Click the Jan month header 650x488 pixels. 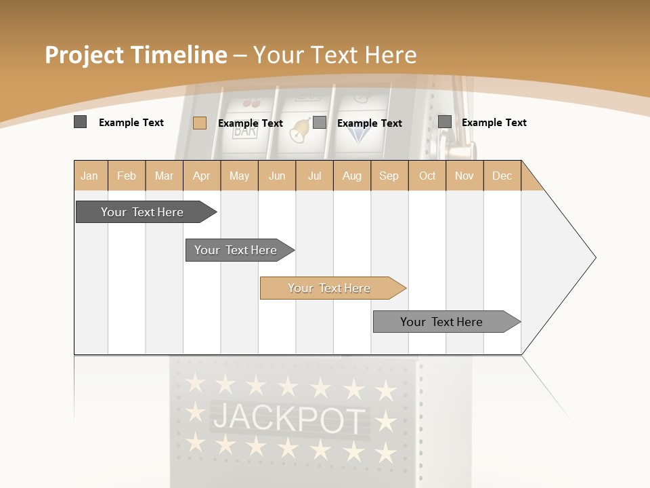89,176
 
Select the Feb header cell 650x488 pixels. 127,176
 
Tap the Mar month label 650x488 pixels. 164,176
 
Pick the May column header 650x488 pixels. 239,176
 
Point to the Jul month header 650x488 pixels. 314,176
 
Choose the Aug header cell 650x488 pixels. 352,176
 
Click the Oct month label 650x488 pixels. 427,176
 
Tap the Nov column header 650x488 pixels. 464,176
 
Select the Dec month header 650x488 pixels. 502,176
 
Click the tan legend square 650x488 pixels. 199,123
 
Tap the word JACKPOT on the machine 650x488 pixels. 288,418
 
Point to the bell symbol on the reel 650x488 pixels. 299,129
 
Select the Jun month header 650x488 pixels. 277,176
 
